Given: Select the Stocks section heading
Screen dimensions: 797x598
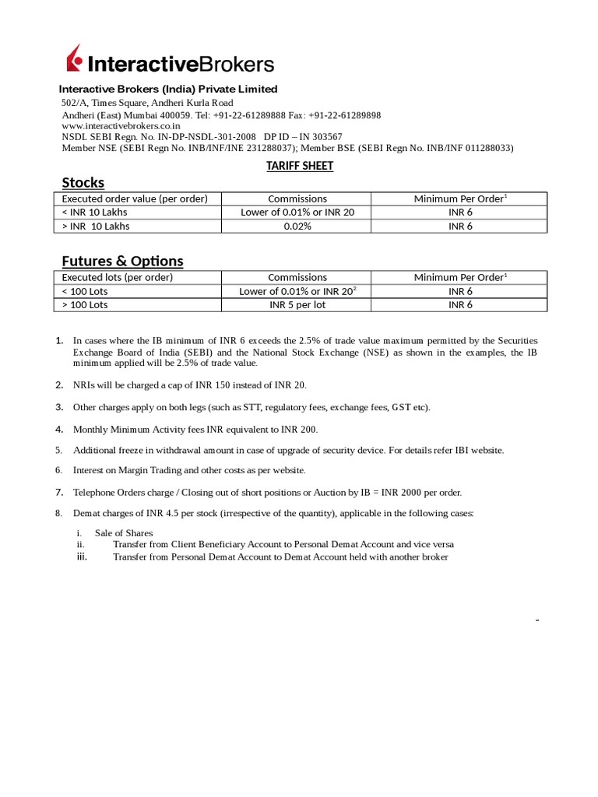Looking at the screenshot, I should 83,183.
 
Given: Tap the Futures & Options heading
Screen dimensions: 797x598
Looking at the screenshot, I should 122,261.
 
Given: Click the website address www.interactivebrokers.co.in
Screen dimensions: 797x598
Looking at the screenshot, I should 121,125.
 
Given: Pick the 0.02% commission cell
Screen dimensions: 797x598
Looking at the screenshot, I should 297,226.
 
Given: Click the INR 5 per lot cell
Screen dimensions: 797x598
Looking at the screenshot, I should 297,305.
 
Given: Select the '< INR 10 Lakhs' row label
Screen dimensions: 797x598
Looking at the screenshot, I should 96,212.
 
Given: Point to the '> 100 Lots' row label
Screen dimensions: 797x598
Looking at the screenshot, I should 85,305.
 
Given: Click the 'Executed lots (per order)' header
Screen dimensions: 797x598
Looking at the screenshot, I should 117,277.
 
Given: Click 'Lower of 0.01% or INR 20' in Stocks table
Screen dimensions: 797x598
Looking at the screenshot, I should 297,212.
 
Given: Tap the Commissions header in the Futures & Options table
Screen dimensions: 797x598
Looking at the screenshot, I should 297,277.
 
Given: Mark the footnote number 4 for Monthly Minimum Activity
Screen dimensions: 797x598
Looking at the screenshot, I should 59,430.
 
